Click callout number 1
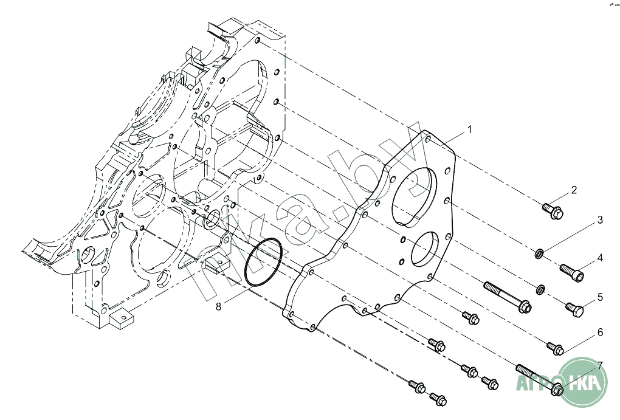tap(469, 129)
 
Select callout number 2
tap(573, 191)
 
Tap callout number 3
tap(599, 219)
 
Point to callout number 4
tap(599, 258)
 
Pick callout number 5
tap(599, 297)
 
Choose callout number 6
tap(599, 332)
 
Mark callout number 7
tap(599, 365)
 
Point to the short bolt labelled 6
tap(556, 348)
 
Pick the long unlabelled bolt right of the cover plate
tap(507, 297)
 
